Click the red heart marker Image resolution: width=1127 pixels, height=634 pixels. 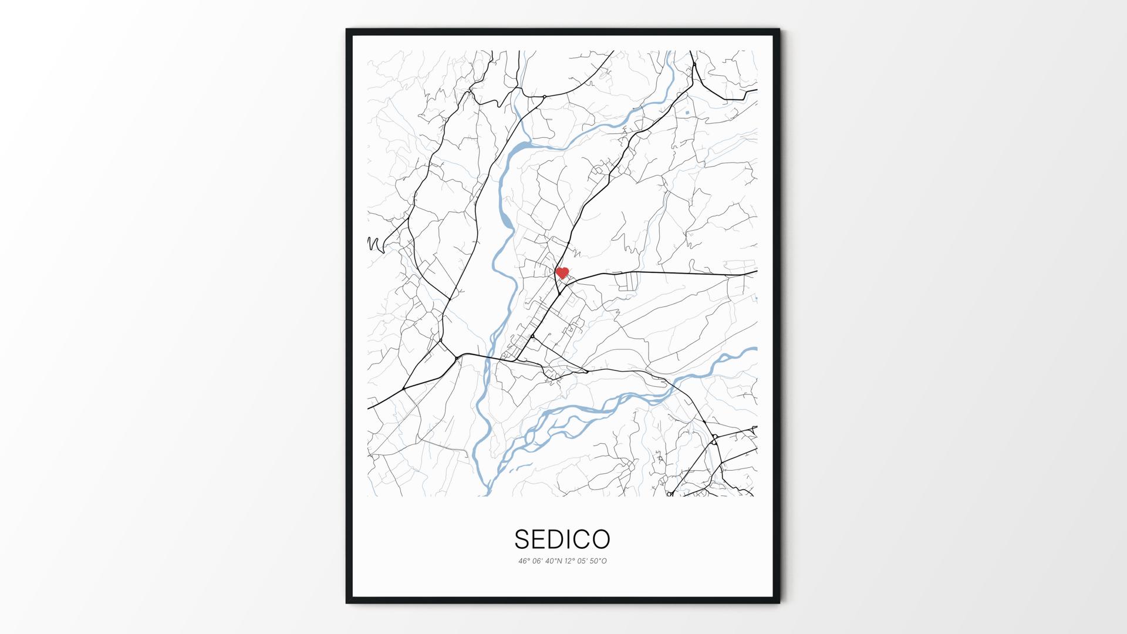pos(562,273)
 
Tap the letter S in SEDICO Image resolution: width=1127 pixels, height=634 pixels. pos(521,539)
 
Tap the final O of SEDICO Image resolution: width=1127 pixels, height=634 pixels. pos(602,539)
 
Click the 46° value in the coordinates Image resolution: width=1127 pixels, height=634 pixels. pos(524,561)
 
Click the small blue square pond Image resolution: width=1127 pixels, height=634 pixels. pos(686,111)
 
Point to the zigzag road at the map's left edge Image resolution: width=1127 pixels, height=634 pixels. pos(376,244)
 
